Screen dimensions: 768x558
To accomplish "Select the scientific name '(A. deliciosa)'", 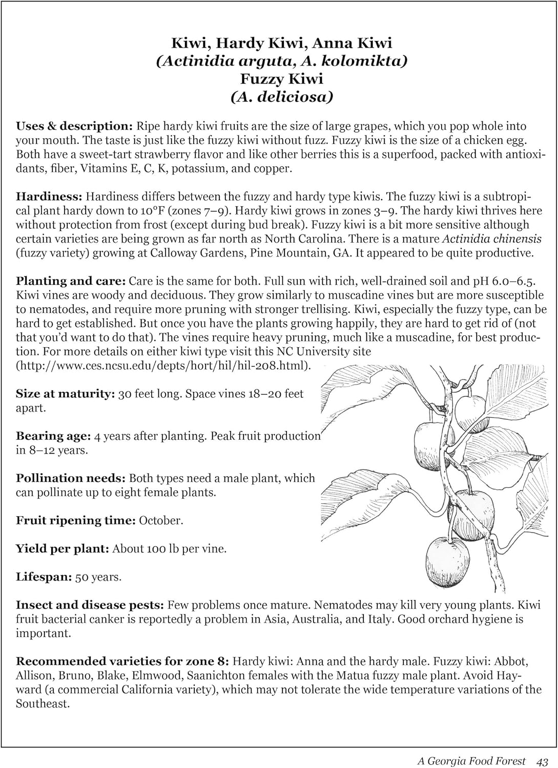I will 281,97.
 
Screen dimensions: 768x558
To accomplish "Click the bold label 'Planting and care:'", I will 71,281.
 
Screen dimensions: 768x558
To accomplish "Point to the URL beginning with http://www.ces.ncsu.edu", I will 163,366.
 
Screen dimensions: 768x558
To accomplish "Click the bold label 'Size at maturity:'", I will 65,394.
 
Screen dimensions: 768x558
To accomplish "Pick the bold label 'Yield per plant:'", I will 63,549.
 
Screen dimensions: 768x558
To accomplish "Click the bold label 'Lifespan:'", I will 44,577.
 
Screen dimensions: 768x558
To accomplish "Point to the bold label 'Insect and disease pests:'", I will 90,605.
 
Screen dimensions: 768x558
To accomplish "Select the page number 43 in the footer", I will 543,761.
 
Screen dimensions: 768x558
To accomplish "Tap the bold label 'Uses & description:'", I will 74,126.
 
